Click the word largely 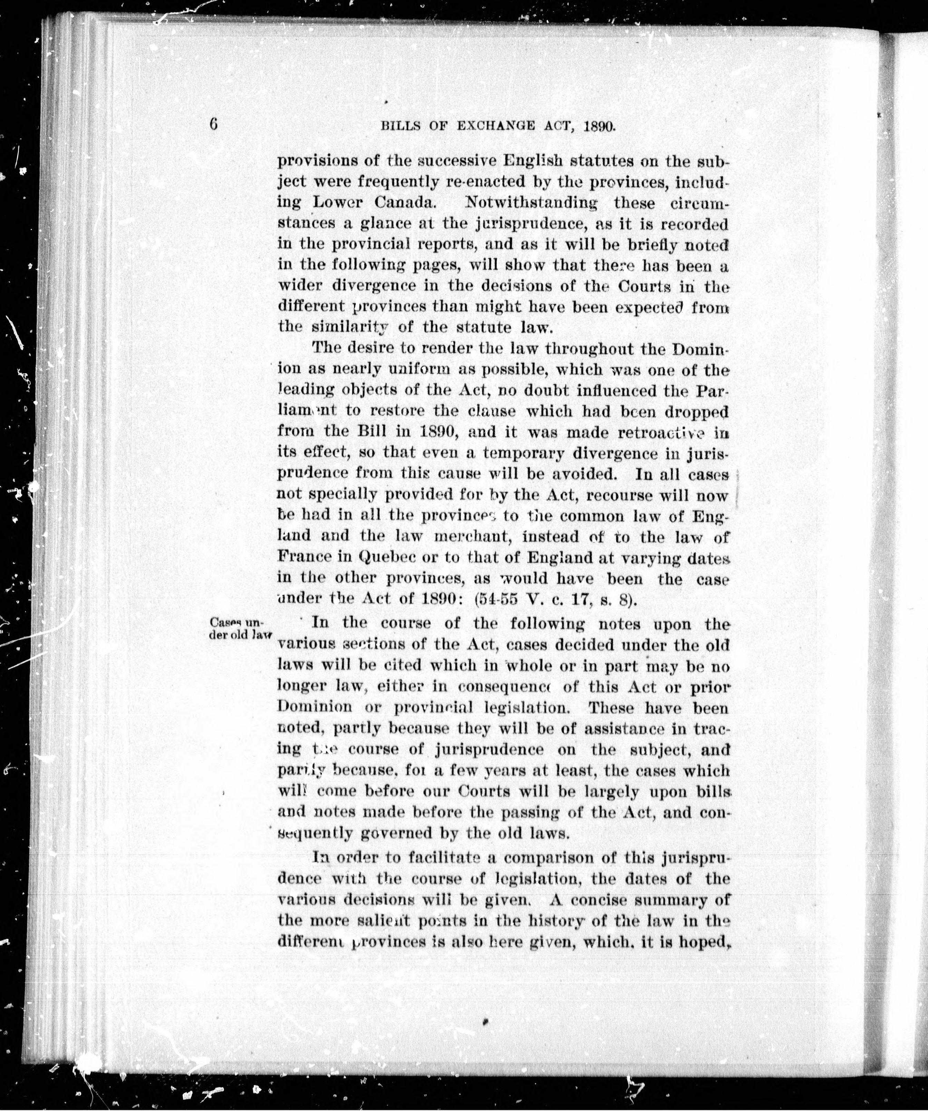[x=610, y=792]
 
